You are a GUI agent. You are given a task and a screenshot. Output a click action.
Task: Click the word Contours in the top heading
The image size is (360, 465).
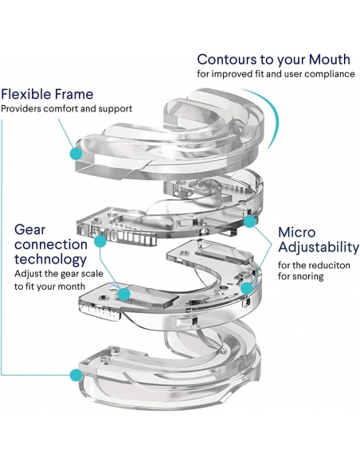click(x=227, y=59)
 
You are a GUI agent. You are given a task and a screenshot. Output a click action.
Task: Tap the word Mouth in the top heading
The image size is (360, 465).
click(x=329, y=59)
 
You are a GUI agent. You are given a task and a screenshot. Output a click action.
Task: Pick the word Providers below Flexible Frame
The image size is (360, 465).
click(x=21, y=108)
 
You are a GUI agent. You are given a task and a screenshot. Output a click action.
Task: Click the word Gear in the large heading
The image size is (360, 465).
click(x=29, y=229)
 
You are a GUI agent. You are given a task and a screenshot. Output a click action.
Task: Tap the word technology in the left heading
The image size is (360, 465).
click(x=50, y=260)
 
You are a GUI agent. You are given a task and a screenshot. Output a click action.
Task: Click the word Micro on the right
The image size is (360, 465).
click(x=296, y=232)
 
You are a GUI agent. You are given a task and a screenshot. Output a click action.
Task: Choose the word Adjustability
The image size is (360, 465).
click(x=319, y=248)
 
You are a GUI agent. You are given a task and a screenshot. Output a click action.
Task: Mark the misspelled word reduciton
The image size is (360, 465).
click(x=330, y=265)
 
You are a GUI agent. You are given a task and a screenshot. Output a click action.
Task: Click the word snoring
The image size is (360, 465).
click(x=307, y=276)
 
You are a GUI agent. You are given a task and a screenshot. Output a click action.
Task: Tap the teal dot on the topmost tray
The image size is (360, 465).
click(x=76, y=154)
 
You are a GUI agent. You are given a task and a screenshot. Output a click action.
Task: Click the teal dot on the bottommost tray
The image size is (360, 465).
click(x=76, y=375)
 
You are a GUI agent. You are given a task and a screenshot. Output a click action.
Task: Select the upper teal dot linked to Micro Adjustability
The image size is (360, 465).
click(x=249, y=221)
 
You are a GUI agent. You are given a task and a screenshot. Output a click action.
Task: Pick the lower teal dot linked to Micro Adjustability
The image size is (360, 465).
click(x=247, y=288)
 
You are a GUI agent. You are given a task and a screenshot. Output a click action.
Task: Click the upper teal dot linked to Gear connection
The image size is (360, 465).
click(x=100, y=241)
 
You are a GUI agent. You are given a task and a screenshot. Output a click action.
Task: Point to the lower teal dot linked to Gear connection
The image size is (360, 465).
click(x=124, y=294)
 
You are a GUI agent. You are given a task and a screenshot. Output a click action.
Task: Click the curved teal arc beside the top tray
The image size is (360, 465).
click(x=275, y=113)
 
